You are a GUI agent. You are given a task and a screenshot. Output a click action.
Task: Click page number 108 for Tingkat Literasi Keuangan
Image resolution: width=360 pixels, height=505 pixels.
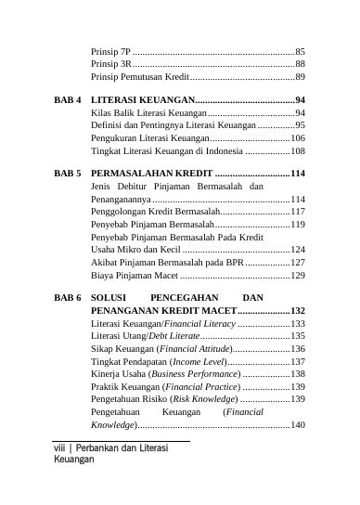(297, 149)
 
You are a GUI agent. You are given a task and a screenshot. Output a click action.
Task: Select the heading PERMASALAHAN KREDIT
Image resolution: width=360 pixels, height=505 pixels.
(151, 174)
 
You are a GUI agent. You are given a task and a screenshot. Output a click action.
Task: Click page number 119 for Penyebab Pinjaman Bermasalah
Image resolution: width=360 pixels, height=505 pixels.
(297, 225)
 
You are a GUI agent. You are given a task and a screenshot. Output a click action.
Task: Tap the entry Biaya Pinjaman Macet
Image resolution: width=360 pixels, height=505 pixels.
(135, 276)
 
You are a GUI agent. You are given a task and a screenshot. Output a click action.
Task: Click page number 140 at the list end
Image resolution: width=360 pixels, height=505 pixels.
(297, 424)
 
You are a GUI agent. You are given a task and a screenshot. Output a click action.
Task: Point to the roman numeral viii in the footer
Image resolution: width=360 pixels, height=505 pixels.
(61, 447)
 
